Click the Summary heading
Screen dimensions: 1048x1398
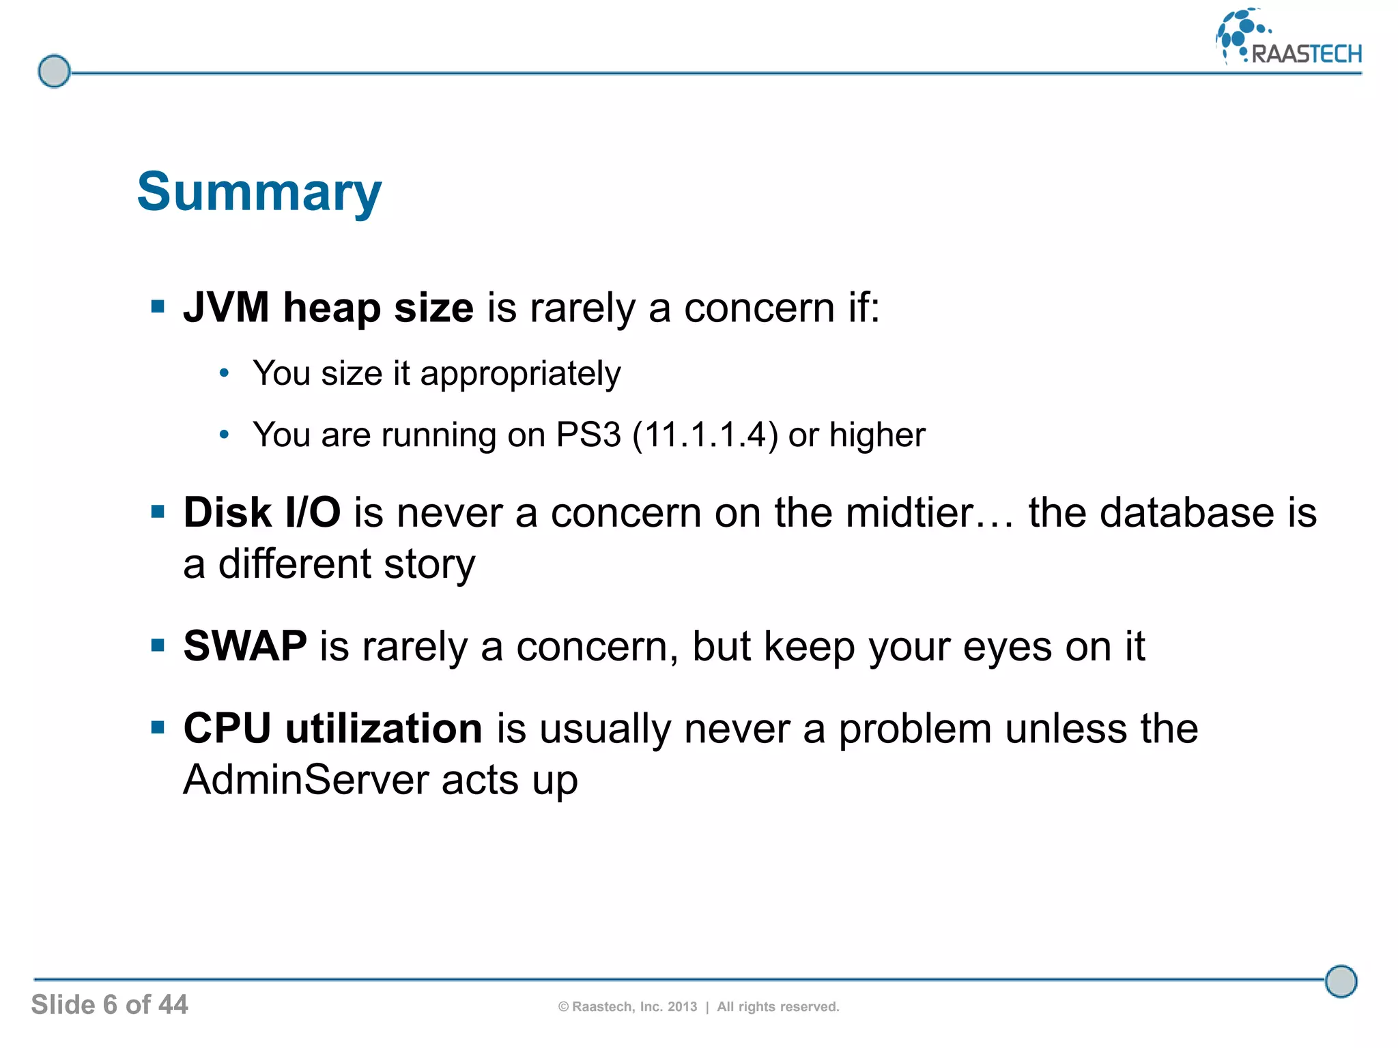[x=259, y=193]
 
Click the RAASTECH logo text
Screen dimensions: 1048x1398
[x=1306, y=54]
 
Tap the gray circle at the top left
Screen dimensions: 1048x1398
[x=54, y=71]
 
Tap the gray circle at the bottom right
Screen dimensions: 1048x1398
[x=1341, y=982]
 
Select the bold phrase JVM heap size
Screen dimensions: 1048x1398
[x=328, y=308]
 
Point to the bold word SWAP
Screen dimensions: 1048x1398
[x=245, y=645]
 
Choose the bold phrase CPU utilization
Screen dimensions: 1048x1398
[x=333, y=728]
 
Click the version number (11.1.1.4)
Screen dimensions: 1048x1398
[x=705, y=435]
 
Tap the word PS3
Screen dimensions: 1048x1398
[x=588, y=435]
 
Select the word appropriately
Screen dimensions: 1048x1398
[x=520, y=374]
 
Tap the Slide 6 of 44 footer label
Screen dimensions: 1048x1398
[x=109, y=1004]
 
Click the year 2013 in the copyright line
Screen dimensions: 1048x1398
[x=682, y=1006]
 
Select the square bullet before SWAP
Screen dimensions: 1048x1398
[x=158, y=645]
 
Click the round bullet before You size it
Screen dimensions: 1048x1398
[x=224, y=373]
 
